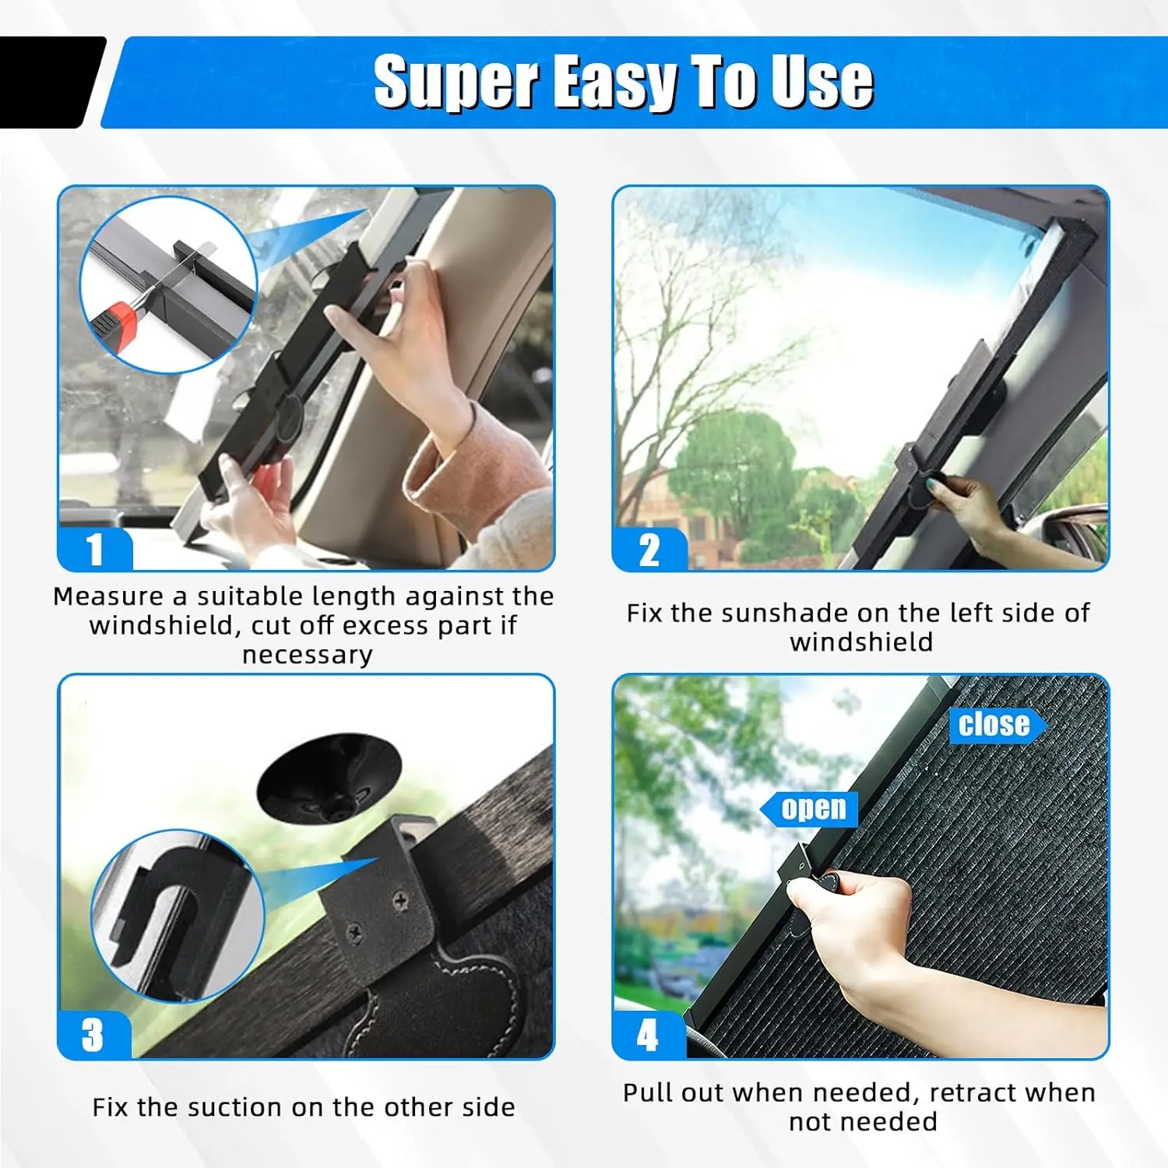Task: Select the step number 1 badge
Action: pos(95,550)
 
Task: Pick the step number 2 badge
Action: pos(649,550)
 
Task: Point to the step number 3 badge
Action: pos(93,1035)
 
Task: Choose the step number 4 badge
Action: pos(648,1035)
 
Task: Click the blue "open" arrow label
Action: pos(811,809)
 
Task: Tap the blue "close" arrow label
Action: pos(996,724)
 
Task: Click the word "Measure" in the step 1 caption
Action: pos(109,596)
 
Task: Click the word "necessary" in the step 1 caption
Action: pos(307,656)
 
